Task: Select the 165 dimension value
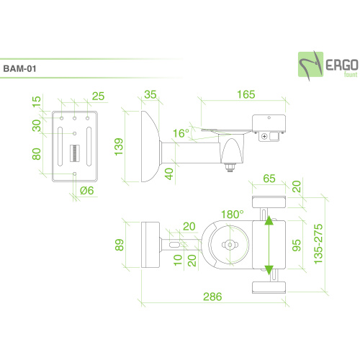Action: tap(246, 94)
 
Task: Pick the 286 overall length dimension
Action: tap(212, 297)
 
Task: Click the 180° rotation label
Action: tap(232, 214)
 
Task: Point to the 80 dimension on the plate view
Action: tap(36, 154)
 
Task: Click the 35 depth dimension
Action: tap(150, 94)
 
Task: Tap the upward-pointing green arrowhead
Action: tap(269, 222)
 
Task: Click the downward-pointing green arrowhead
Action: tap(269, 270)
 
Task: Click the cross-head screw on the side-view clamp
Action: tap(266, 136)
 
